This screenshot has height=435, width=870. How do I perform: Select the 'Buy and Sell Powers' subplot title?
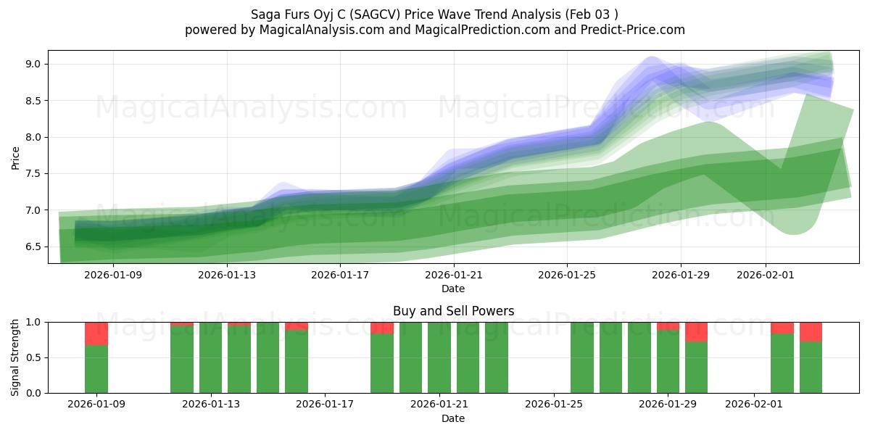pos(453,311)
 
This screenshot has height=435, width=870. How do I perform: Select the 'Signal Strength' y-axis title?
pos(15,357)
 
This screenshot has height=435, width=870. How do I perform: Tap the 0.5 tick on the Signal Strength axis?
pos(33,357)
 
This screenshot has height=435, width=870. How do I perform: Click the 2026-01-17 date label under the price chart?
pos(341,275)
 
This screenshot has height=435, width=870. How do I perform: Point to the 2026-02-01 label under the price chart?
pos(766,275)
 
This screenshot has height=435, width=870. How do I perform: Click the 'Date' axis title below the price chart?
pos(453,289)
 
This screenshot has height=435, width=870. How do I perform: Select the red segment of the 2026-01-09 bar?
pos(96,333)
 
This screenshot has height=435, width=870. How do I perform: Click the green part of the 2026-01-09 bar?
pos(96,370)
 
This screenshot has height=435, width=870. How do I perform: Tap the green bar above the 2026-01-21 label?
pos(439,357)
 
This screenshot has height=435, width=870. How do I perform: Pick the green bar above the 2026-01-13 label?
pos(210,357)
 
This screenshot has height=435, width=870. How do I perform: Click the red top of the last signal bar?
pos(811,331)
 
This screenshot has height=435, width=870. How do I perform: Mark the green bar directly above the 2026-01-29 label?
pos(668,362)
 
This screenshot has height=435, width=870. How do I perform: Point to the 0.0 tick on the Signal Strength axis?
pos(33,393)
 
